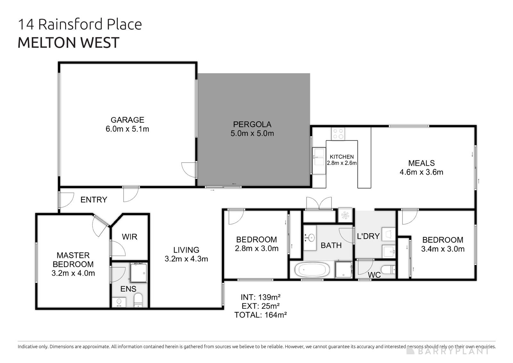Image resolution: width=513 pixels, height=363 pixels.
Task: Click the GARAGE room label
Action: [127, 120]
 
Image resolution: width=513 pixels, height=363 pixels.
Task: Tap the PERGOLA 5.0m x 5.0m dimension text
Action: [252, 134]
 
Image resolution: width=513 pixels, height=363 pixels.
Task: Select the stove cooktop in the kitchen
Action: [338, 134]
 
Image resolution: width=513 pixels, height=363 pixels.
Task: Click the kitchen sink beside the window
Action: [319, 161]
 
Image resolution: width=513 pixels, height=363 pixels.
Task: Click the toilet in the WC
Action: [389, 270]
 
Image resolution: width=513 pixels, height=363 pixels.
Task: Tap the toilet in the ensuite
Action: [138, 300]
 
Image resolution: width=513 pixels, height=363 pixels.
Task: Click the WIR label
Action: [130, 237]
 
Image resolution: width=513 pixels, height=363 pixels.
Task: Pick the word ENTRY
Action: [94, 200]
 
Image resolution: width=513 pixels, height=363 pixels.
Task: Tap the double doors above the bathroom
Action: [319, 203]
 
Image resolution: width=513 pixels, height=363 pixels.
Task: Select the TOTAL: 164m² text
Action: [260, 315]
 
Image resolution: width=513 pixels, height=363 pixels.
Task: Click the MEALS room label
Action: [421, 163]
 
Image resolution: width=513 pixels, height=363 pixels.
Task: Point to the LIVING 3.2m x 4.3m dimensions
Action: [186, 259]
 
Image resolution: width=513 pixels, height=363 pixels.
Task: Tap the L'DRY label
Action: [368, 236]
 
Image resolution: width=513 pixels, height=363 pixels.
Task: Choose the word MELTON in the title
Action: [46, 43]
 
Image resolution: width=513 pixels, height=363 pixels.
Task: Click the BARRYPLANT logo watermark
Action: [449, 351]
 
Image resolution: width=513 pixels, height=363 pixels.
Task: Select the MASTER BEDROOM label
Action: [73, 260]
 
